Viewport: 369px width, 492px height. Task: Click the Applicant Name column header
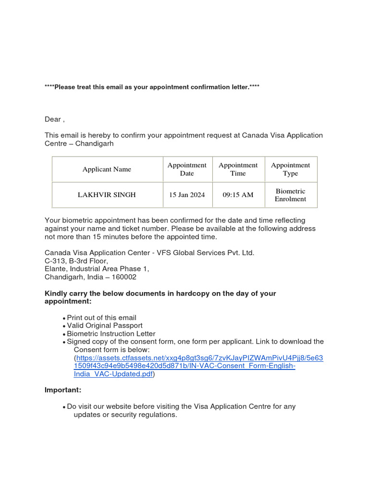107,169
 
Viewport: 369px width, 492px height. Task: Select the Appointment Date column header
186,169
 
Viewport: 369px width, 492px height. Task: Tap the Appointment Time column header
238,169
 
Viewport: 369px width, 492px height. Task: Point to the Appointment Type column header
290,169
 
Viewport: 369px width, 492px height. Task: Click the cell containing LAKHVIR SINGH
107,195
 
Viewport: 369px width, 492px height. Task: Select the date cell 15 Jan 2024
186,195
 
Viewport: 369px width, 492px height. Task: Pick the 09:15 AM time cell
238,195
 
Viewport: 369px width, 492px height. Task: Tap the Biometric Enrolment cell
290,195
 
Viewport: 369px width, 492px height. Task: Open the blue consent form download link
199,366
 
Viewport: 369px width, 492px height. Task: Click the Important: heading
63,390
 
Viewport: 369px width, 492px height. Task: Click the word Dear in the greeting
53,119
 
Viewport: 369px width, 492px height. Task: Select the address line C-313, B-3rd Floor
76,261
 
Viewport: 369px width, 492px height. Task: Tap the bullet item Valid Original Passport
105,326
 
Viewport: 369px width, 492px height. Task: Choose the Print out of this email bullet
101,318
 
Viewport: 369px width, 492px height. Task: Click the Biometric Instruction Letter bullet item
111,333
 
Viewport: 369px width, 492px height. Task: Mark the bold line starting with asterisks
152,87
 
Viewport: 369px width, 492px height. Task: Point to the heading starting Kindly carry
160,297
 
